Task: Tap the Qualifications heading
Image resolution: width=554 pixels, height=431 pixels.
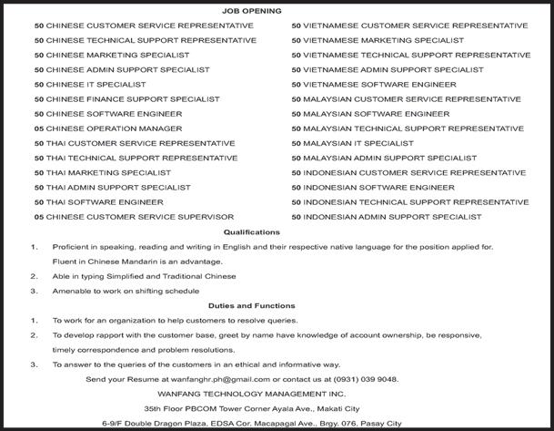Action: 251,232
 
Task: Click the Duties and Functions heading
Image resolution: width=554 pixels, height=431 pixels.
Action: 251,305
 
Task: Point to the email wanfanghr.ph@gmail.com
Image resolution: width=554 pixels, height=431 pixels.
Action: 226,378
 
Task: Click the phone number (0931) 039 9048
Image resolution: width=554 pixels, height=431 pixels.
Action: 365,378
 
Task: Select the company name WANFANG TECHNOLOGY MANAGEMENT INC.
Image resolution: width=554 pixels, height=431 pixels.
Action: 251,393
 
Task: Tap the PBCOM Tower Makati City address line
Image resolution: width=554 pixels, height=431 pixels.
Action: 251,408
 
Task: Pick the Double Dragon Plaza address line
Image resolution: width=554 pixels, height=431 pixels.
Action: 251,424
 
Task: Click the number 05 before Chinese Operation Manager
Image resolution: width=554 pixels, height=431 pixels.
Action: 38,128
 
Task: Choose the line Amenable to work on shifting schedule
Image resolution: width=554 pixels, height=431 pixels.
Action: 126,291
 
